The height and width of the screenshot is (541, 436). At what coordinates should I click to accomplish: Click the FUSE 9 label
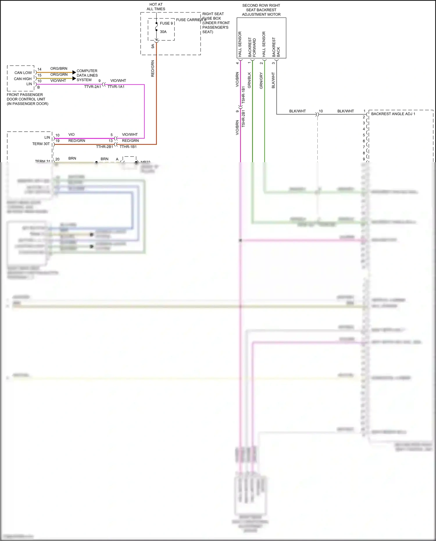click(x=166, y=23)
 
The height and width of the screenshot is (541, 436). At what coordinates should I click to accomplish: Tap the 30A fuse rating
click(x=163, y=32)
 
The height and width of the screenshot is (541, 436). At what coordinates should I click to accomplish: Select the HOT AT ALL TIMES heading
click(x=156, y=7)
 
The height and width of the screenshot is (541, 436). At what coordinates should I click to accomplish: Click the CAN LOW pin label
click(x=23, y=73)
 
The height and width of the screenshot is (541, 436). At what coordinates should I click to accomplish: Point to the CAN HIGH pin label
click(x=23, y=79)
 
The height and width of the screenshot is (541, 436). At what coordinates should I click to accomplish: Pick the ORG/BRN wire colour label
click(x=59, y=69)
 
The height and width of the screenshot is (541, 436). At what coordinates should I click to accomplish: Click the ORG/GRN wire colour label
click(x=59, y=74)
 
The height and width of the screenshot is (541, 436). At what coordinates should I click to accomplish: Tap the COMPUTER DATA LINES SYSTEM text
click(x=87, y=75)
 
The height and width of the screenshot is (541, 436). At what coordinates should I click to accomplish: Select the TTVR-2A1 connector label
click(x=92, y=87)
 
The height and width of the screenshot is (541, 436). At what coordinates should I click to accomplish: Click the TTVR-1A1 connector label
click(x=116, y=87)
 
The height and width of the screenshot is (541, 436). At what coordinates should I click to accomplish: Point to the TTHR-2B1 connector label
click(x=104, y=147)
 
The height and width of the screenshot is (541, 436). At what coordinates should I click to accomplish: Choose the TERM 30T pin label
click(x=41, y=144)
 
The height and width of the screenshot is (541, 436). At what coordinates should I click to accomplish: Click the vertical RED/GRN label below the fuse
click(x=153, y=69)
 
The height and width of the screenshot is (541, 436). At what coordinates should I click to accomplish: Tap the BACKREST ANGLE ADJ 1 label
click(x=393, y=114)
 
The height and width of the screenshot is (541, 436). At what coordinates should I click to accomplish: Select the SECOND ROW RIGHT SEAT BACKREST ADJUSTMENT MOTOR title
click(x=261, y=10)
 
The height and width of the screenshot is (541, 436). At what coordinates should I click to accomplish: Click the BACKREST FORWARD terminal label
click(x=252, y=47)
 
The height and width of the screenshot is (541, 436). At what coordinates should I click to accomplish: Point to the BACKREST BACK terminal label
click(x=276, y=47)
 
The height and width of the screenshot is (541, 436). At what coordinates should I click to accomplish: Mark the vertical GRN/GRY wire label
click(x=261, y=81)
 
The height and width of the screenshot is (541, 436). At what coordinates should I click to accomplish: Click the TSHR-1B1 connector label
click(x=244, y=95)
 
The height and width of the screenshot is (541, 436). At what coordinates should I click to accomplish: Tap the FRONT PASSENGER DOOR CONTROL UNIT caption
click(x=27, y=99)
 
